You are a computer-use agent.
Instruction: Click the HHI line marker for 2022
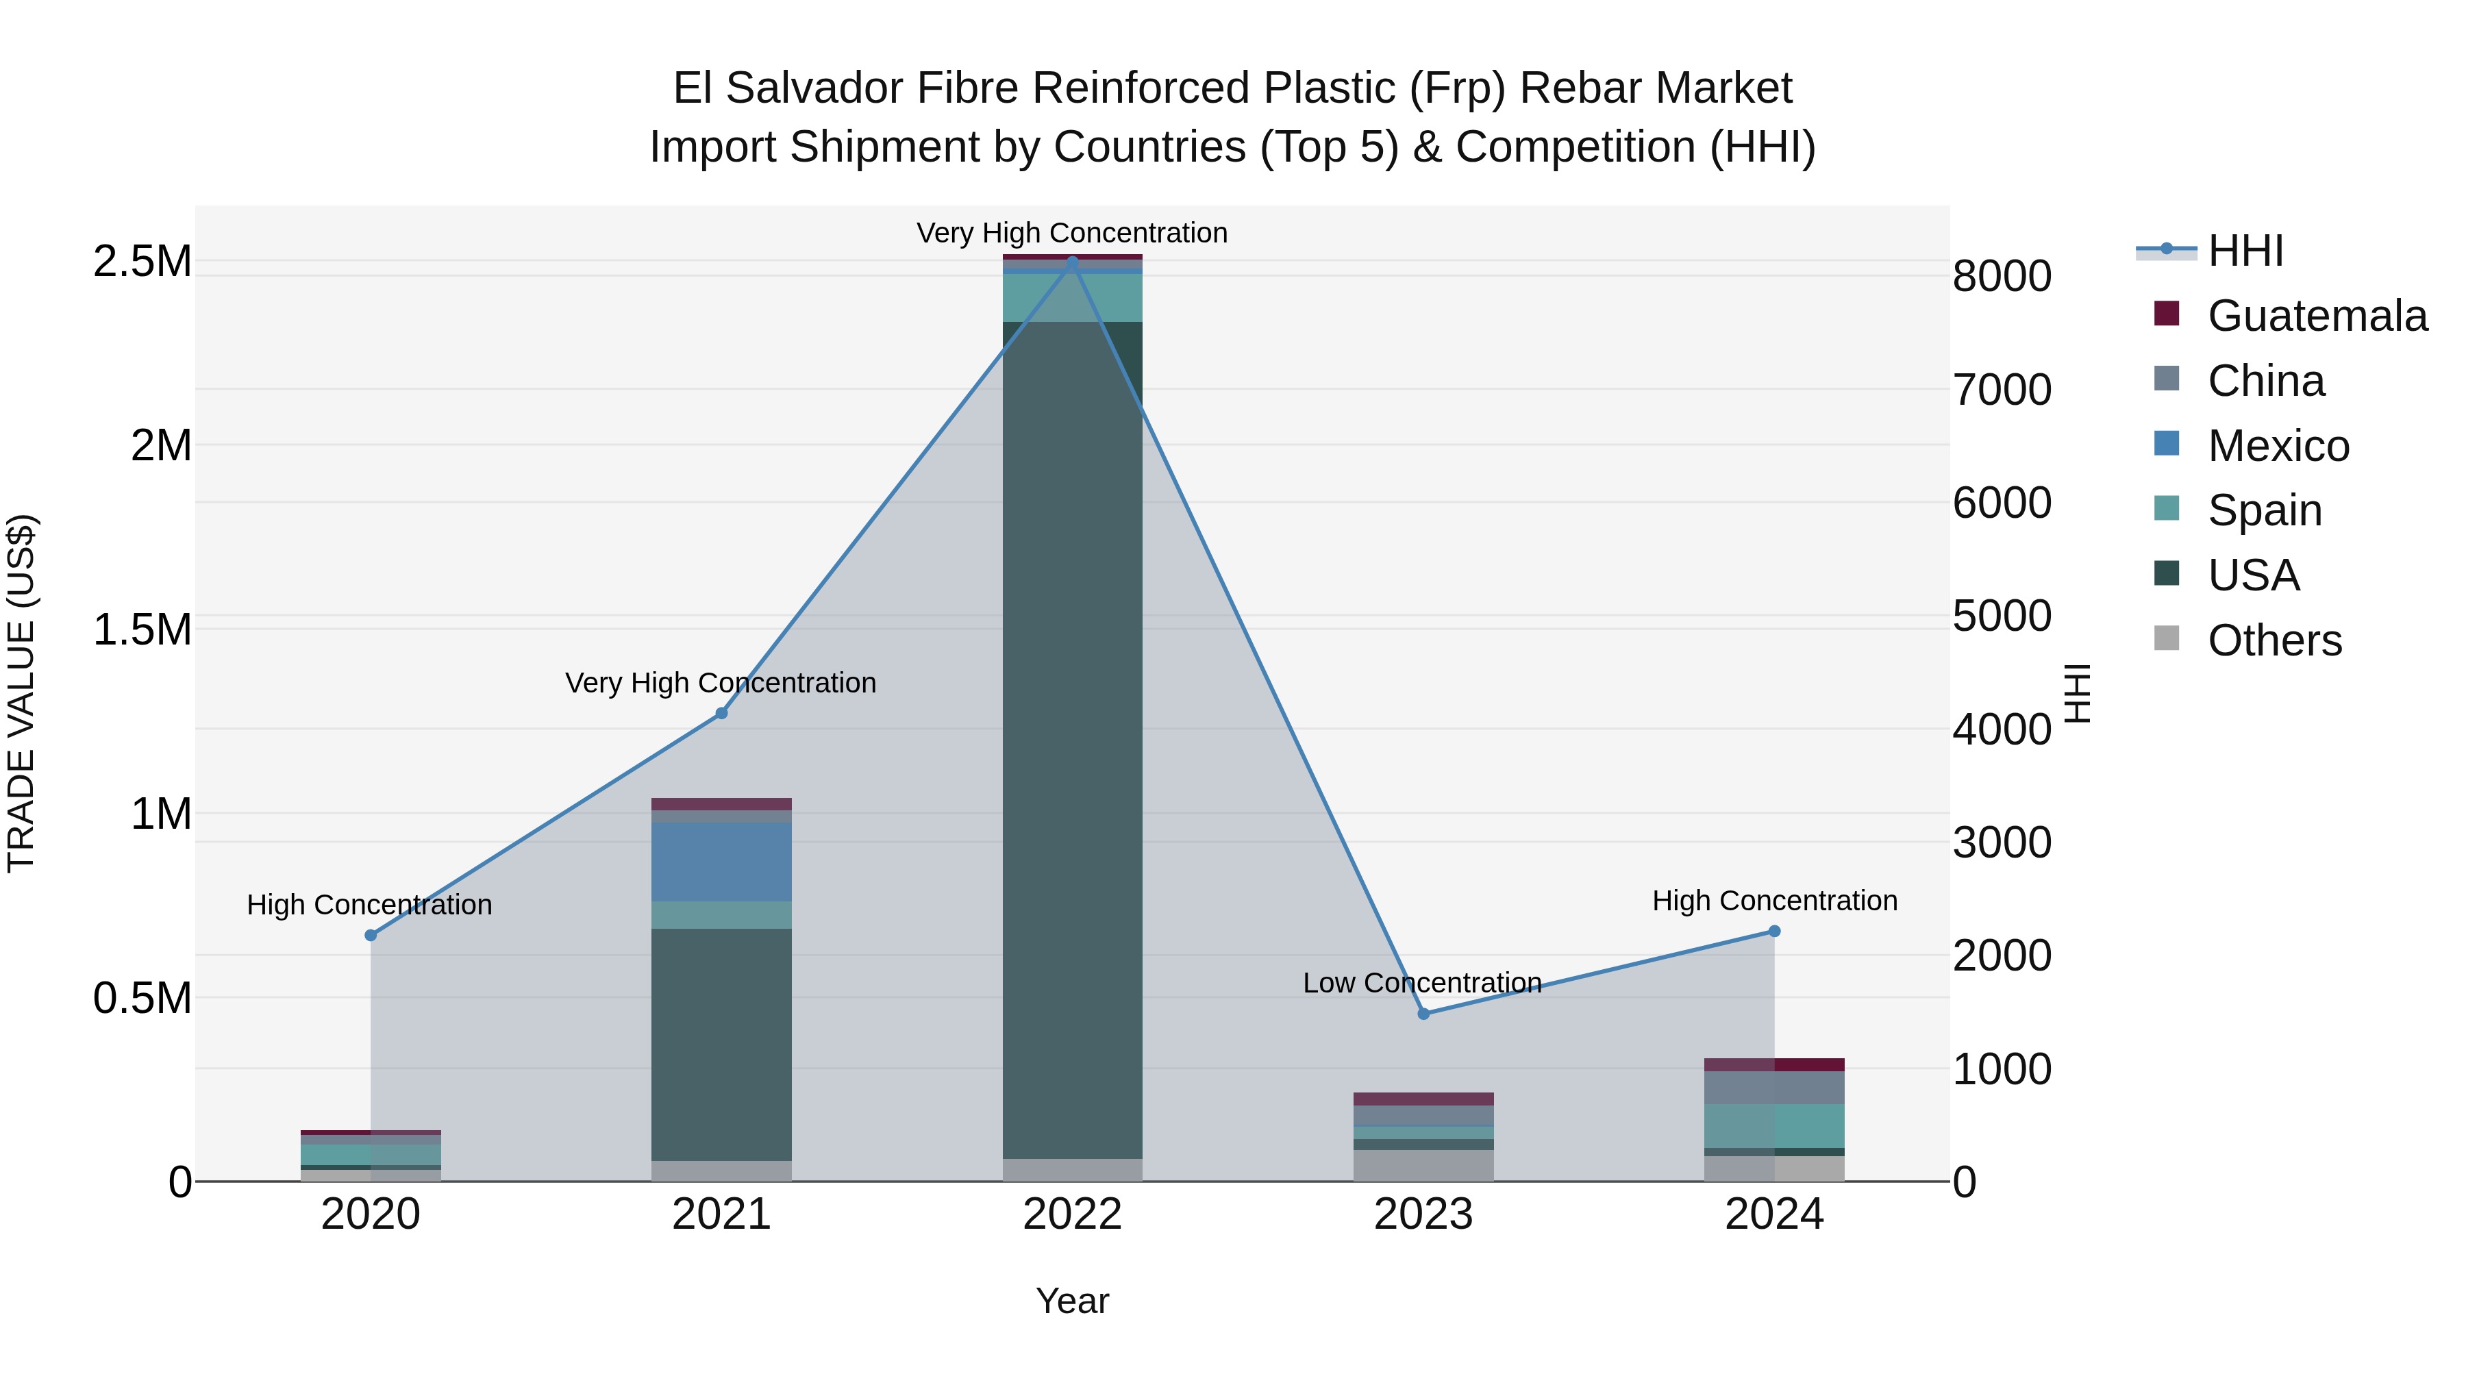[1072, 260]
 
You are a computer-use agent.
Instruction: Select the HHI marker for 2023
[1423, 1014]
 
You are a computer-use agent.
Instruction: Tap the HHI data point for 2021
[722, 713]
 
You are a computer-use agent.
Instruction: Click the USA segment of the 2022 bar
[1072, 737]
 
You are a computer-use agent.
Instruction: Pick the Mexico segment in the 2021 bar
[722, 862]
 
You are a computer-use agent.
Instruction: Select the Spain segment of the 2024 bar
[1774, 1125]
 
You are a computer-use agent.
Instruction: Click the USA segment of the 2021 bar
[722, 1043]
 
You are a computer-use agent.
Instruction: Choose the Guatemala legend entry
[2317, 316]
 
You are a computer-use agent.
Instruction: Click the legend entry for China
[2265, 381]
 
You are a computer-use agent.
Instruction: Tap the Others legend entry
[2274, 640]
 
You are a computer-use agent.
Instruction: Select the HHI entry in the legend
[2245, 251]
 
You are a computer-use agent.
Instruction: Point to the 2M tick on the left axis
[161, 446]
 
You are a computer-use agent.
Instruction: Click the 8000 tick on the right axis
[2002, 277]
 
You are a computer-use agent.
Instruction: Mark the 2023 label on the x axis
[1423, 1214]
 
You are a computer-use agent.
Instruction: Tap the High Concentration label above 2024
[1774, 901]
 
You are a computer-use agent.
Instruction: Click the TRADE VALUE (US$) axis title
[21, 693]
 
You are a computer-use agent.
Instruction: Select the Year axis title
[1072, 1301]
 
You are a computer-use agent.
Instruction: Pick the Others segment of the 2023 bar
[1423, 1165]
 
